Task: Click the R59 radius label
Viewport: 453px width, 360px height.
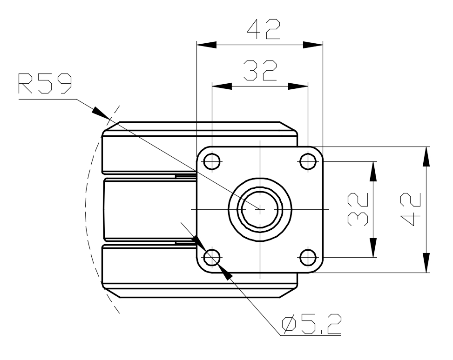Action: (x=45, y=83)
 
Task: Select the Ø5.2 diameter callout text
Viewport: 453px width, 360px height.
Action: (x=311, y=324)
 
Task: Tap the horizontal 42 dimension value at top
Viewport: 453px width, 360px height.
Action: (x=264, y=29)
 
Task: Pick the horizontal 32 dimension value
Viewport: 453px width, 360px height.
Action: (x=260, y=70)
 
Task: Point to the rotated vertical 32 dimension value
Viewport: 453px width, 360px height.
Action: (x=358, y=209)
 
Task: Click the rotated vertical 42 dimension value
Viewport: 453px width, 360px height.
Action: (x=411, y=209)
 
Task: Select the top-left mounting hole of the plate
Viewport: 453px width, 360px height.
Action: (x=212, y=161)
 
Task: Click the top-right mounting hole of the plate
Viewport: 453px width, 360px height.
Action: (x=308, y=161)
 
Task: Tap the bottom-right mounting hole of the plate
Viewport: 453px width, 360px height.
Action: (x=308, y=257)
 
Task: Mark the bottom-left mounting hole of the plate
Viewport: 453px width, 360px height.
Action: (x=212, y=257)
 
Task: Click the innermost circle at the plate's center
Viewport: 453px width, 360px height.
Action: (x=260, y=209)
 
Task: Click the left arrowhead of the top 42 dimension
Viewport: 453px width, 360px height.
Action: (x=207, y=45)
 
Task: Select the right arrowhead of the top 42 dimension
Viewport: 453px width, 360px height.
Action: (x=313, y=45)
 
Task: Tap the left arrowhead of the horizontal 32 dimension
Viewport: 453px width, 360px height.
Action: (x=222, y=86)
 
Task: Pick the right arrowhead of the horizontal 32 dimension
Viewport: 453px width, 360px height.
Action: (x=298, y=86)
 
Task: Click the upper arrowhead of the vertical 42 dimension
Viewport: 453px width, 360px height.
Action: (x=426, y=156)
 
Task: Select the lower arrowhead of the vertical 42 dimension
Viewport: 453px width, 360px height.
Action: (x=426, y=263)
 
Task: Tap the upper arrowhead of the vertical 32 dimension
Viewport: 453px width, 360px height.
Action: (x=373, y=171)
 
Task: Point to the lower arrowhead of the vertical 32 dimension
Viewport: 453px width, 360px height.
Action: (x=373, y=247)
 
